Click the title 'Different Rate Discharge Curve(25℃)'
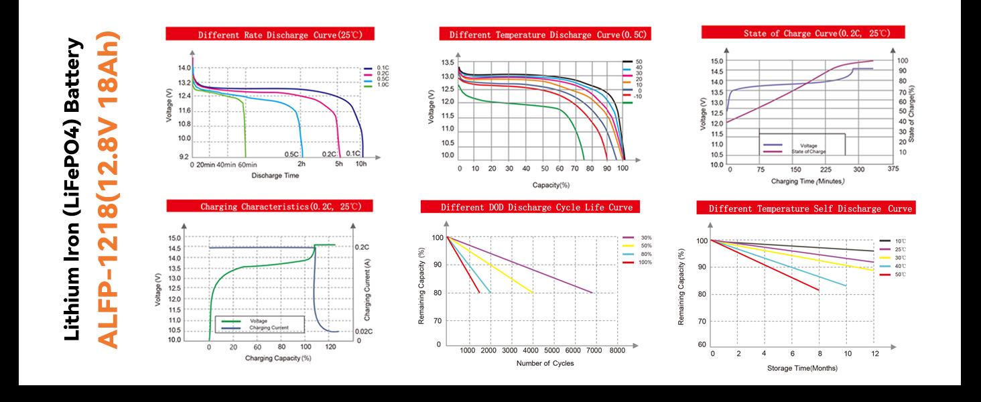pos(270,34)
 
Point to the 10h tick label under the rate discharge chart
pos(361,164)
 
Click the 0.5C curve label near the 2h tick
pos(291,154)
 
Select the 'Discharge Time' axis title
pos(275,176)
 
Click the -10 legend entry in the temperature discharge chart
pos(637,96)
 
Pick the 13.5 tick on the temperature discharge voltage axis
pos(448,62)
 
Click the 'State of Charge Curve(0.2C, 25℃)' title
pos(803,33)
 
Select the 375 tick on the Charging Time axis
pos(893,170)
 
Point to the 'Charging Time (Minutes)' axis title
pos(808,182)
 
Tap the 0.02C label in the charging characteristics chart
pos(363,332)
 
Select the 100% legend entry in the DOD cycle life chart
pos(645,262)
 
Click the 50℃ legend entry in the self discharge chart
pos(900,275)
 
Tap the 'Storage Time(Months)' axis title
pos(802,368)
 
